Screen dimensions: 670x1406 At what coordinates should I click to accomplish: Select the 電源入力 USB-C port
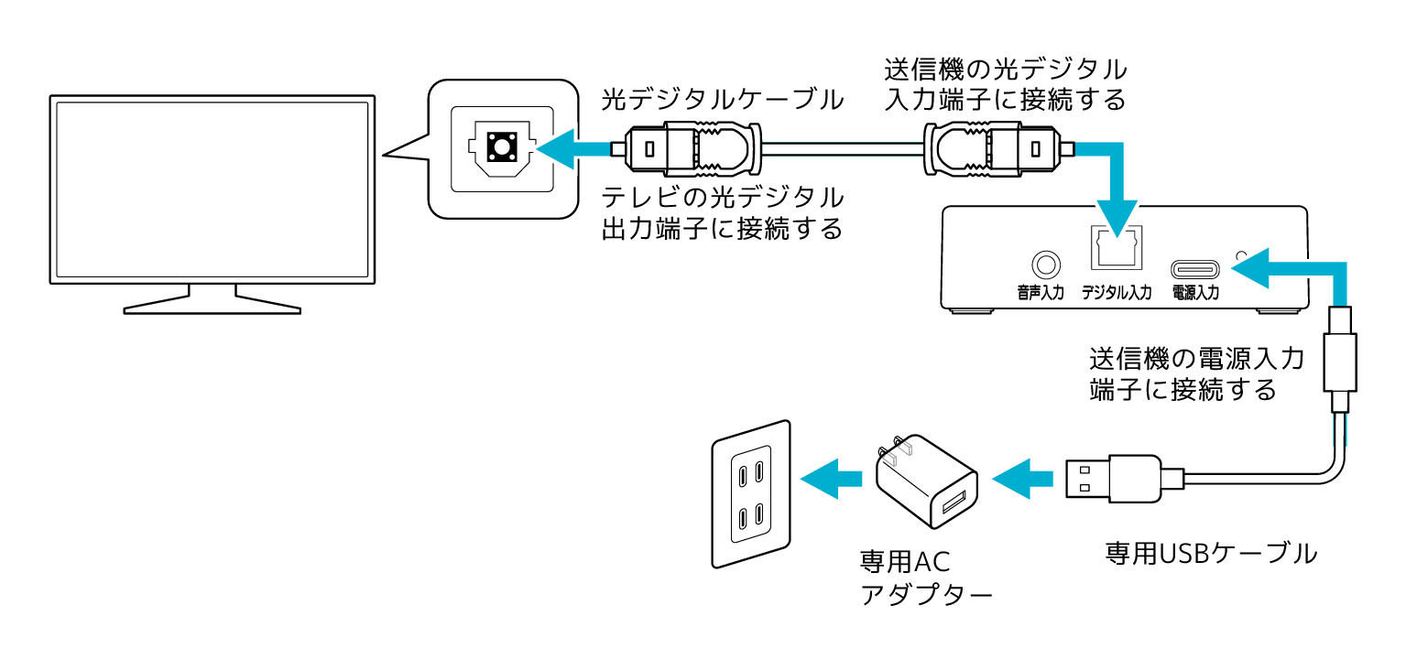1195,270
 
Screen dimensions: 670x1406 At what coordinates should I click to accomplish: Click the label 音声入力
1041,294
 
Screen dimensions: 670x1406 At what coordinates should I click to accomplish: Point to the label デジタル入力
1116,294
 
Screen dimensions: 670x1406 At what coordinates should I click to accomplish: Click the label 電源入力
1195,294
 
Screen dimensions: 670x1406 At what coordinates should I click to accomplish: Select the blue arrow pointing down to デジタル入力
1114,188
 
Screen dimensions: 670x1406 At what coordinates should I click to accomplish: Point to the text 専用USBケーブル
1210,554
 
